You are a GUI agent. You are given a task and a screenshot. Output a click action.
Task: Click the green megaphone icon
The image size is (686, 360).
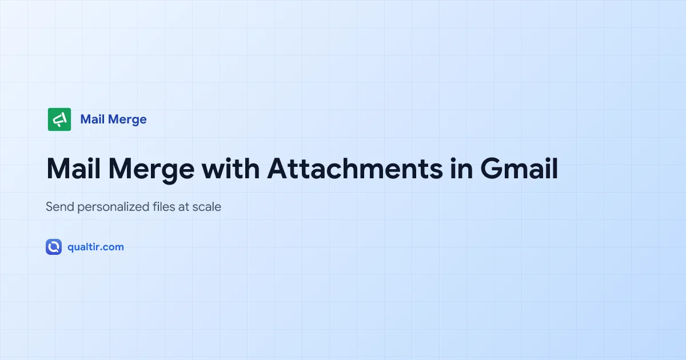tap(59, 119)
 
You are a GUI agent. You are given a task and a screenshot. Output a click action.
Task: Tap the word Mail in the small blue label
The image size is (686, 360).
tap(93, 119)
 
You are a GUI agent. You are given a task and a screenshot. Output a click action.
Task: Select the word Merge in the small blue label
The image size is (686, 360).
tap(127, 119)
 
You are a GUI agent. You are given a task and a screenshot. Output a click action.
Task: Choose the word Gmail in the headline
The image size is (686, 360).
tap(519, 169)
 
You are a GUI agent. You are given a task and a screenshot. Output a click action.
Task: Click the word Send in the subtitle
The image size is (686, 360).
tap(59, 207)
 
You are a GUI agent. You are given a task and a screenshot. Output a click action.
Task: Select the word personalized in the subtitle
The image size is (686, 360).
tap(112, 207)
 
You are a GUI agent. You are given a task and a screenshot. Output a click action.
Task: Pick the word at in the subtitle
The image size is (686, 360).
tap(184, 207)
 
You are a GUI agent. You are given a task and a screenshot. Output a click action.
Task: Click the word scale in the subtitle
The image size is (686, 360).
tap(207, 207)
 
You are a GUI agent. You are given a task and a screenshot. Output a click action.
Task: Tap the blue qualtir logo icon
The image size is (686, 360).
tap(54, 247)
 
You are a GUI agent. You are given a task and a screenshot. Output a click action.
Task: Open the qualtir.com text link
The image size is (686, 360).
tap(95, 247)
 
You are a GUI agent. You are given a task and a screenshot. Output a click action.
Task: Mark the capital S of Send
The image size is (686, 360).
tap(49, 207)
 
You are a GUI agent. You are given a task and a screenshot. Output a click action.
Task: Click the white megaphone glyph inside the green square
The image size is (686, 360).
tap(59, 119)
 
